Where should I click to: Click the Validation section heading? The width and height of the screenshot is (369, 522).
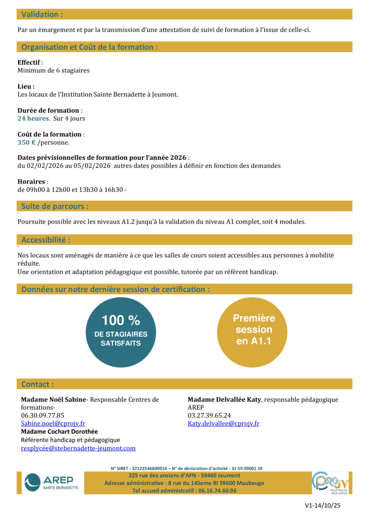(x=42, y=14)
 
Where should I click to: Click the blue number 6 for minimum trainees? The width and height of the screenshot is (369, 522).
(x=58, y=70)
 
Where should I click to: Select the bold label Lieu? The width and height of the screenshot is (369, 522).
(x=26, y=87)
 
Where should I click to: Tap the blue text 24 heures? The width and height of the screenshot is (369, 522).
(x=33, y=118)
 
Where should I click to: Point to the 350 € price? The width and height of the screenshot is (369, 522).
(x=27, y=142)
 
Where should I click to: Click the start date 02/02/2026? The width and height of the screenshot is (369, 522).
(x=43, y=166)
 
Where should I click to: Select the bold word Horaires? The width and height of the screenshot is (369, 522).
(x=31, y=181)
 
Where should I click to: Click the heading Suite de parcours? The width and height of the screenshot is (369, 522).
(x=55, y=206)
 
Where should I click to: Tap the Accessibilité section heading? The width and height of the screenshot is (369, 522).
(x=46, y=240)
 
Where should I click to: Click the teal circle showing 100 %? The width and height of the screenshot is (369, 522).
(x=121, y=332)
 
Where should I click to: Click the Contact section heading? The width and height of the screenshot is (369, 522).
(x=37, y=384)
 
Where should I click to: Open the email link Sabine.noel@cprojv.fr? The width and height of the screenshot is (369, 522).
(x=53, y=423)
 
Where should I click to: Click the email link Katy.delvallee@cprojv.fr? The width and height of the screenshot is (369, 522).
(x=223, y=423)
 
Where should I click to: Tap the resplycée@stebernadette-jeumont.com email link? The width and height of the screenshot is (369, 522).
(x=78, y=448)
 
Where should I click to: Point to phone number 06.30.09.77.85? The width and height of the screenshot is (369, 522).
(x=43, y=415)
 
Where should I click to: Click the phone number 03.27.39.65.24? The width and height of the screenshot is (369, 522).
(x=209, y=415)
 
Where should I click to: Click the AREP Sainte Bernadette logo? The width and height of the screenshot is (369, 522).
(x=51, y=482)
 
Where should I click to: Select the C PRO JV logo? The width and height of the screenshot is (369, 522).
(x=331, y=482)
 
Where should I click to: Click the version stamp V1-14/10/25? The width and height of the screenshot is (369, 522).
(x=323, y=506)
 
